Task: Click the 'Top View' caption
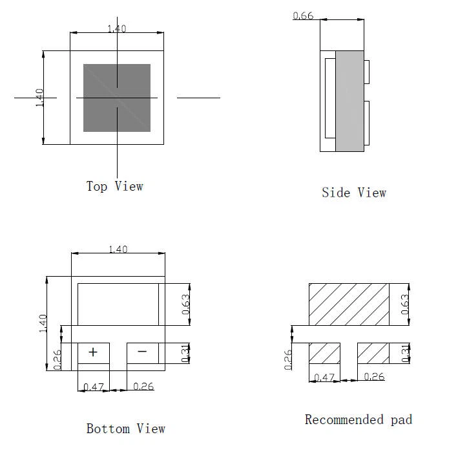tap(114, 186)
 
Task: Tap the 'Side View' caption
tap(354, 193)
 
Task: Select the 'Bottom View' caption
tap(126, 429)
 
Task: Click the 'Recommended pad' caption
tap(359, 420)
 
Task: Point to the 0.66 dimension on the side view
tap(303, 16)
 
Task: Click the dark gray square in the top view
tap(117, 98)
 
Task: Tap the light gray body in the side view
tap(349, 101)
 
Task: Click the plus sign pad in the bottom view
tap(93, 353)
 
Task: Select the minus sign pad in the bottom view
tap(143, 353)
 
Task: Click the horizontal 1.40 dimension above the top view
tap(117, 28)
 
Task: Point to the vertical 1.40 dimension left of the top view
tap(39, 98)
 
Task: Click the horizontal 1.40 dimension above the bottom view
tap(118, 250)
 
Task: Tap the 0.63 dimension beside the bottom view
tap(185, 304)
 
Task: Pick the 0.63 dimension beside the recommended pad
tap(405, 304)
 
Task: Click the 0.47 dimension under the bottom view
tap(94, 387)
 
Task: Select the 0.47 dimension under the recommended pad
tap(324, 378)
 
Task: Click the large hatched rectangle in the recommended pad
tap(349, 304)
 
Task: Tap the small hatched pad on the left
tap(325, 353)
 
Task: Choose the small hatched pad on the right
tap(373, 353)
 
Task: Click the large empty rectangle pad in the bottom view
tap(118, 304)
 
